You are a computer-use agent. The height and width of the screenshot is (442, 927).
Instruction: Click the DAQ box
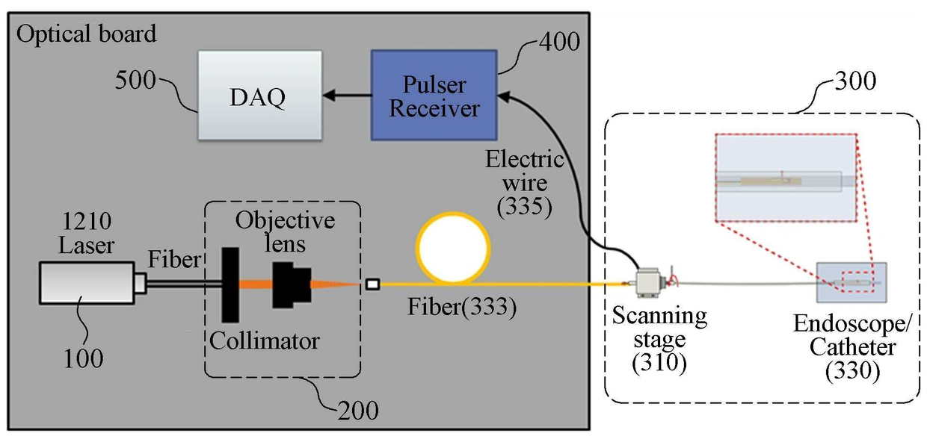[x=260, y=95]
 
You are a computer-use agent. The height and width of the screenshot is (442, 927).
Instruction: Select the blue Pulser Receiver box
[x=434, y=95]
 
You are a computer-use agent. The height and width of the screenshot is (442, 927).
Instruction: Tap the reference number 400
[x=559, y=41]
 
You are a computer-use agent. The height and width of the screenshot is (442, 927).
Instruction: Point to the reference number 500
[x=135, y=79]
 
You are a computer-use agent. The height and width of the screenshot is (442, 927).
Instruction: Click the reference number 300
[x=855, y=81]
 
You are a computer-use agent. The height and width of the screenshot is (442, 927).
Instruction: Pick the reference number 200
[x=358, y=411]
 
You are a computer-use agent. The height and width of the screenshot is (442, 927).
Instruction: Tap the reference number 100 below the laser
[x=83, y=358]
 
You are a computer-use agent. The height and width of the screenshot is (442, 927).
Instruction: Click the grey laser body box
[x=87, y=283]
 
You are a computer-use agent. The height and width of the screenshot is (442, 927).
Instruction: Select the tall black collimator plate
[x=230, y=285]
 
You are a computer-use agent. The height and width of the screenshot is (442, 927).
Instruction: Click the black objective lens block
[x=292, y=285]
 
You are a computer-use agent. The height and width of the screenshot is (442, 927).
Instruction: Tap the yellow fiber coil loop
[x=453, y=248]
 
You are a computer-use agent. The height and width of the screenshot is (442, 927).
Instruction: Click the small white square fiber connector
[x=372, y=284]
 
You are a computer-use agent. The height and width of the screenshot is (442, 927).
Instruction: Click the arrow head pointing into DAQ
[x=329, y=96]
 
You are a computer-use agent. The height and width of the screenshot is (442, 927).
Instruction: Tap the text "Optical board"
[x=86, y=34]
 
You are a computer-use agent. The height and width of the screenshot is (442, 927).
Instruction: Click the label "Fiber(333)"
[x=462, y=307]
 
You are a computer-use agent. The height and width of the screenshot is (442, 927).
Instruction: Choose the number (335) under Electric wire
[x=524, y=206]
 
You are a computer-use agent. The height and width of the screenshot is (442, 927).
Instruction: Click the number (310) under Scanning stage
[x=659, y=363]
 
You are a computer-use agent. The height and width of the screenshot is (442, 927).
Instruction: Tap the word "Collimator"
[x=264, y=341]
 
